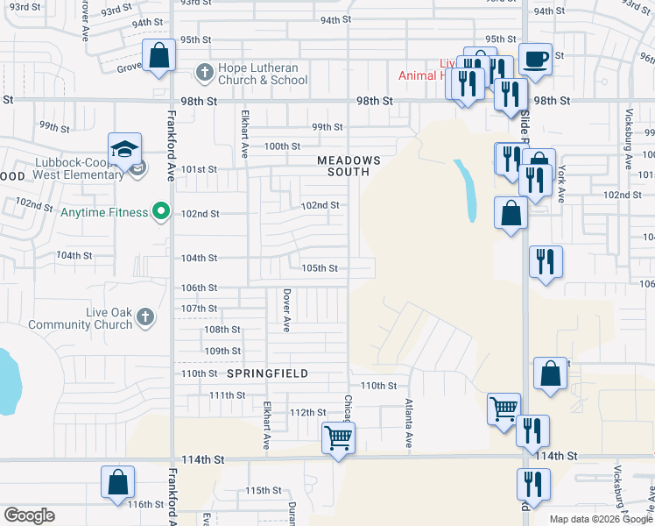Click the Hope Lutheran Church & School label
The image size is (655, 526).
tap(264, 75)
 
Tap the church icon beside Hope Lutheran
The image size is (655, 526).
tap(203, 73)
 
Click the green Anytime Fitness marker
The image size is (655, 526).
tap(159, 211)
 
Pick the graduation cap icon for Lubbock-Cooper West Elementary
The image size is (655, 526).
tap(124, 148)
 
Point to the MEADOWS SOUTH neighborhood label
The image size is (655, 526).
tap(349, 167)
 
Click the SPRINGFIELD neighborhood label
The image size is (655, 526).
tap(267, 373)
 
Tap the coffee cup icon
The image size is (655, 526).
tap(535, 59)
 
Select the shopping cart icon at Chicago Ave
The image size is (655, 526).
tap(338, 436)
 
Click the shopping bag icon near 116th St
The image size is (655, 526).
tap(117, 482)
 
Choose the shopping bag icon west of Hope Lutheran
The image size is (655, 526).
tap(158, 57)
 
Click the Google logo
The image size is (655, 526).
tap(29, 515)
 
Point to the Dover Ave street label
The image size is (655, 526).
tap(286, 309)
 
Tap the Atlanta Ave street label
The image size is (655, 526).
tap(409, 424)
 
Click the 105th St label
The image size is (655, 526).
tap(319, 268)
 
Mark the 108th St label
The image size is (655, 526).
tap(222, 330)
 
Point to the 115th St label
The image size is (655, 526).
tap(263, 490)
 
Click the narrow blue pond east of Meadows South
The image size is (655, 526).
tap(467, 188)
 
